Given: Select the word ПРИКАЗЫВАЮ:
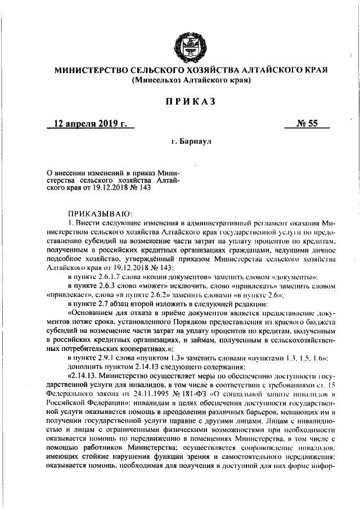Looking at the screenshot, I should coord(99,214).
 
